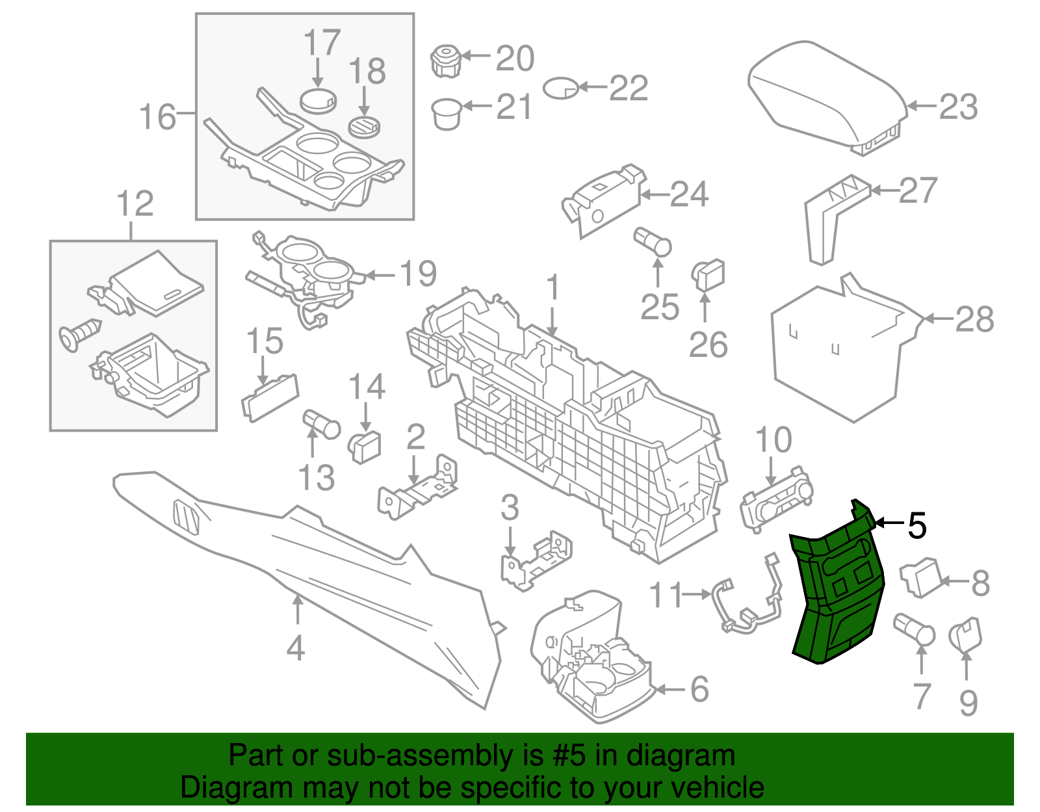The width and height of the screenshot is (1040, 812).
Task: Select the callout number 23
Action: tap(958, 107)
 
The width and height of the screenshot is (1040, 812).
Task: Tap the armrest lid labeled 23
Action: tap(825, 91)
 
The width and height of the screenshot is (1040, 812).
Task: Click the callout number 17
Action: tap(322, 43)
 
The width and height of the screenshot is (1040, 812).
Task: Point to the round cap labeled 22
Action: tap(560, 88)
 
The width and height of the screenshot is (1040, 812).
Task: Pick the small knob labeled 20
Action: tap(446, 60)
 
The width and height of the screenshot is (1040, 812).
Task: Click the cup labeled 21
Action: tap(447, 113)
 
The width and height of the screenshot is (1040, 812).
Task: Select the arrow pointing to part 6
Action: tap(669, 689)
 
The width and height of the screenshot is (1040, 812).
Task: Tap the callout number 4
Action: tap(296, 648)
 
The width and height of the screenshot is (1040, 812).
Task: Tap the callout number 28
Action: tap(974, 319)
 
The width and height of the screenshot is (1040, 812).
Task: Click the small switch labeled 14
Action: tap(365, 446)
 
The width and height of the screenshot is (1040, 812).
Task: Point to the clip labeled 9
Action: tap(966, 635)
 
